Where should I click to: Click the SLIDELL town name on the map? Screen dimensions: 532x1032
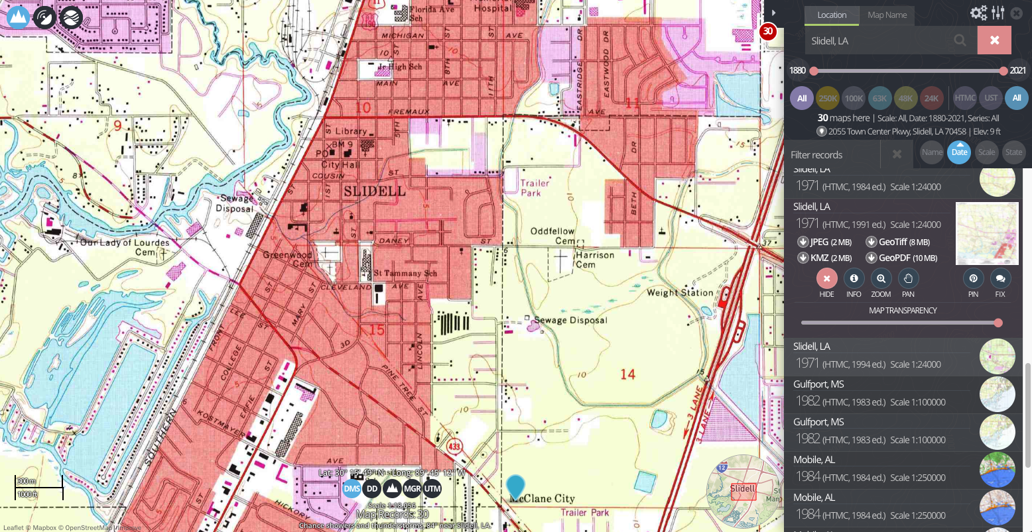point(375,191)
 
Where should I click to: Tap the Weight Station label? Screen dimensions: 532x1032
point(680,292)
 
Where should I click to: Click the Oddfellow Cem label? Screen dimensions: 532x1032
point(553,236)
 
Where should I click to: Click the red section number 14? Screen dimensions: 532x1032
point(627,374)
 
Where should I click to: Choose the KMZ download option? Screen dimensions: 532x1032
point(825,258)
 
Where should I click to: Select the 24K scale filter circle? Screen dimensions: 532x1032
point(932,98)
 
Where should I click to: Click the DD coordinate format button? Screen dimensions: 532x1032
point(372,489)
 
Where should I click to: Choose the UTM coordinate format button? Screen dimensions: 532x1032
point(432,489)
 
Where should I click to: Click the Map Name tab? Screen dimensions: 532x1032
point(887,15)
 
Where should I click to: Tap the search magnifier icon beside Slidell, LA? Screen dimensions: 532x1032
point(960,40)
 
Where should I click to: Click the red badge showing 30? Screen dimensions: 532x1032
point(768,31)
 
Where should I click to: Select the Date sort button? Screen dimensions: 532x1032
point(959,152)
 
